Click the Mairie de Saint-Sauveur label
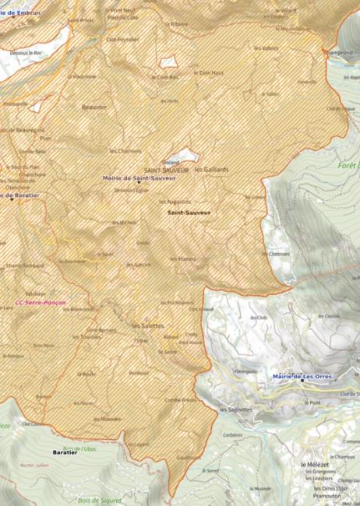click(139, 178)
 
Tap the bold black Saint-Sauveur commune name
click(189, 212)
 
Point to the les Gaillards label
click(212, 169)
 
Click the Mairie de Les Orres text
click(302, 377)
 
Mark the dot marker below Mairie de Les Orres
click(302, 382)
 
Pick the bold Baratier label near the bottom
click(65, 452)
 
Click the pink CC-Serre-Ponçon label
click(41, 302)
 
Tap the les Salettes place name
click(148, 325)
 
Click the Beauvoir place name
click(94, 107)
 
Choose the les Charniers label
click(125, 150)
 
